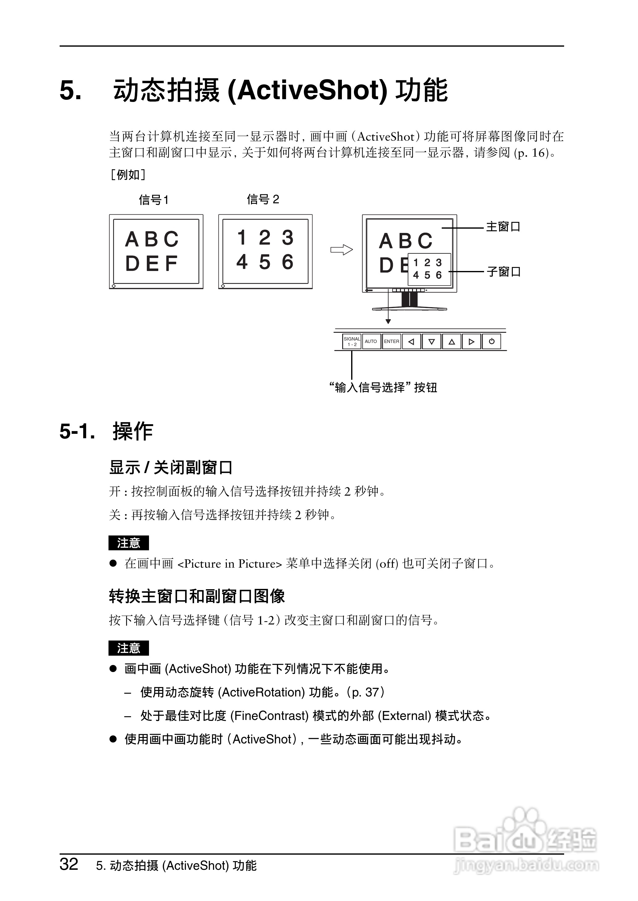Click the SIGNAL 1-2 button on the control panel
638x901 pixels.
click(x=351, y=341)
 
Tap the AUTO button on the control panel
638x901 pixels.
click(x=371, y=341)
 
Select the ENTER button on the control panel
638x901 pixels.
click(x=392, y=341)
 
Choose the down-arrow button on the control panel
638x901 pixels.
click(x=431, y=341)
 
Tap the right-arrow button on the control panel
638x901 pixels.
click(x=471, y=341)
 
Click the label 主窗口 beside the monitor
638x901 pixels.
click(x=503, y=227)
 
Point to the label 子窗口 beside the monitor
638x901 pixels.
click(x=504, y=272)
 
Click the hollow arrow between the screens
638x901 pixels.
click(x=341, y=250)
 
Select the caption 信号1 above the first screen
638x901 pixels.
click(x=154, y=200)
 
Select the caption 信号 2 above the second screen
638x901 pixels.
click(x=263, y=199)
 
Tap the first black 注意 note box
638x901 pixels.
click(x=129, y=543)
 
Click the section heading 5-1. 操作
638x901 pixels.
click(x=106, y=431)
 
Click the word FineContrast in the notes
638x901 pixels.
click(x=269, y=716)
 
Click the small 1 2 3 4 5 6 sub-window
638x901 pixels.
click(x=429, y=269)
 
